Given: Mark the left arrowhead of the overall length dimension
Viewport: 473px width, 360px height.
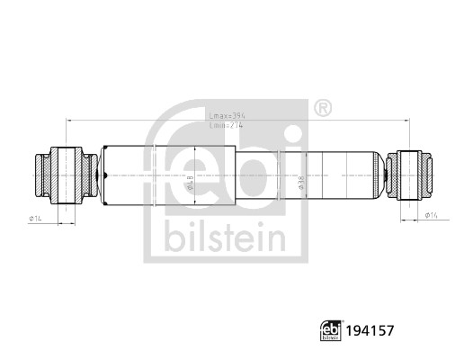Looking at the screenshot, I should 67,121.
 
